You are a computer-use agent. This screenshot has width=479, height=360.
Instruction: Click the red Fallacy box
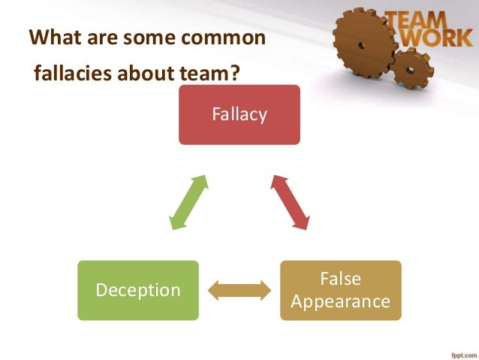pos(239,114)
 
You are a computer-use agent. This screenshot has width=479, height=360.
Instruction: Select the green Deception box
pos(137,290)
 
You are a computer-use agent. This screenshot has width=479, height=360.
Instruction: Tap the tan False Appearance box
pos(340,290)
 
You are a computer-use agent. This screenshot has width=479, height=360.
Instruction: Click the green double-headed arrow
pos(188,202)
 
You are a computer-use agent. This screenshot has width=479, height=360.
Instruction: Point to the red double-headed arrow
pos(290,202)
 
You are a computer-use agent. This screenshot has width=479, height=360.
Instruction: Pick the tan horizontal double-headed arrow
pos(239,290)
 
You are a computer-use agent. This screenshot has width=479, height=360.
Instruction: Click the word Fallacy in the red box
pos(239,115)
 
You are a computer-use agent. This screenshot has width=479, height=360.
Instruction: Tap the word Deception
pos(137,290)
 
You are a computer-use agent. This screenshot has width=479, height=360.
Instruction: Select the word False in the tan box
pos(340,279)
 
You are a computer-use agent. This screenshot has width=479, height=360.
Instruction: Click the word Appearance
pos(340,302)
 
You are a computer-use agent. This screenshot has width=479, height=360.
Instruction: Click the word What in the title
pos(52,37)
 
